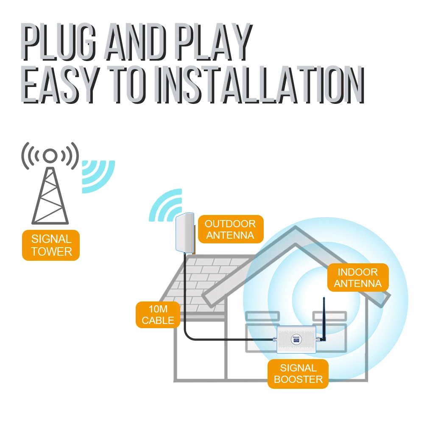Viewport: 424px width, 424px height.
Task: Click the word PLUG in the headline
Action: pos(57,42)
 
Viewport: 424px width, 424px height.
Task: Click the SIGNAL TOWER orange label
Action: pos(51,245)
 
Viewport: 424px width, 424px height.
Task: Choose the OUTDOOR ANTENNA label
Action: pos(230,229)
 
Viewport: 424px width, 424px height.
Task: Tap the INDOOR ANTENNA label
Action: pos(357,278)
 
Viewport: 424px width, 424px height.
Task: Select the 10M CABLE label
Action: pos(158,315)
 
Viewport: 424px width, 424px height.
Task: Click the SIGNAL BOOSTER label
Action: pos(298,374)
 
